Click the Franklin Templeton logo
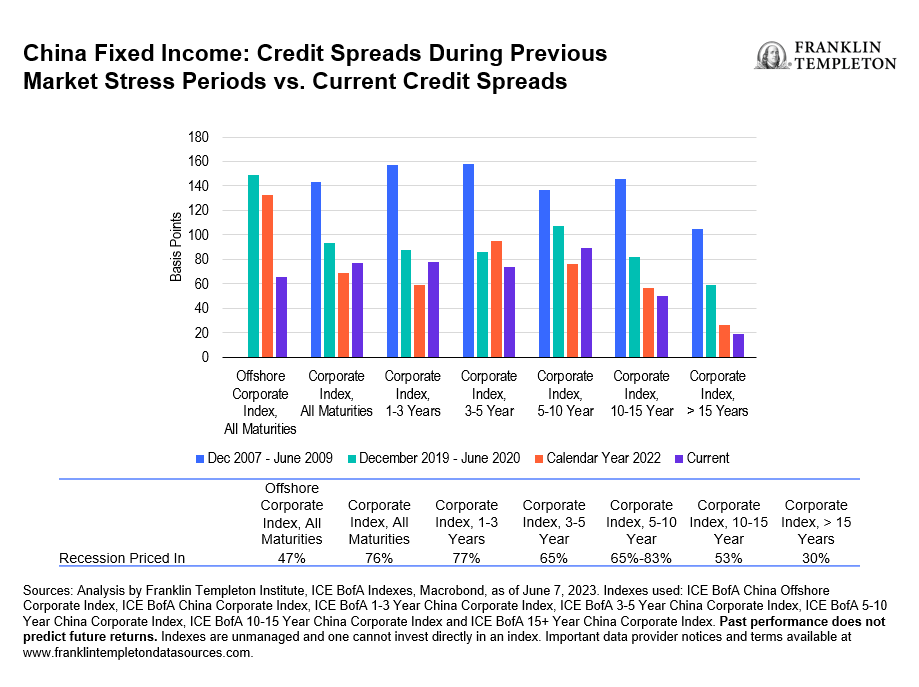point(825,56)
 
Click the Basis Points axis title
point(176,246)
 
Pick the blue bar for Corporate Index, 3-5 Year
point(468,260)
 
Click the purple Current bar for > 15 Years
point(738,345)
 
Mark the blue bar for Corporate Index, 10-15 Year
point(620,267)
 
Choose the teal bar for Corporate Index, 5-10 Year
point(558,291)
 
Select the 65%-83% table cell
point(640,558)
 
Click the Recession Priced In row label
point(123,558)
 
